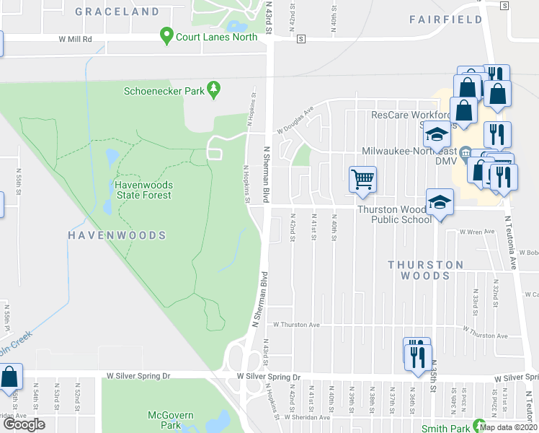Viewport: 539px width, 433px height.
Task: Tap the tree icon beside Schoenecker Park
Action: pos(213,89)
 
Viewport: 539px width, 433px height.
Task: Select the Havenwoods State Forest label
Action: pos(143,190)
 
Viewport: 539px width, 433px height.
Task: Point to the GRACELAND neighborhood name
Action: pos(117,12)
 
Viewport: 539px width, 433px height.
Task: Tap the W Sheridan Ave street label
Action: pos(311,417)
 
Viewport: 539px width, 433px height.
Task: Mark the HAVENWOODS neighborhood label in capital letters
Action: pos(117,235)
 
